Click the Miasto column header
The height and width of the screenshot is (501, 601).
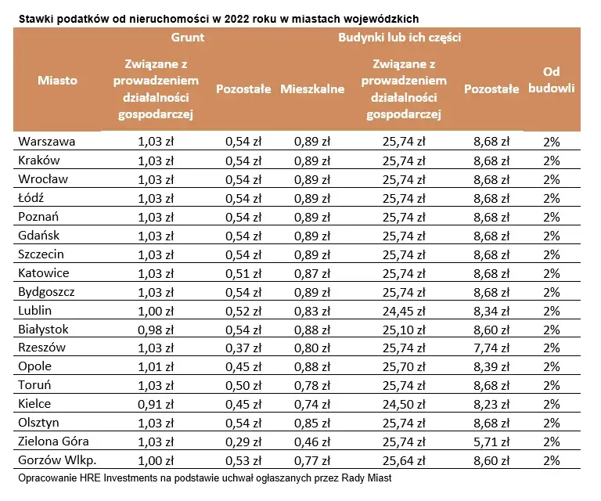[57, 80]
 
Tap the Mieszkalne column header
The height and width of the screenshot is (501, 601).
[312, 89]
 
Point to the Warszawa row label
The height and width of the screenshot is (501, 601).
[47, 142]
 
